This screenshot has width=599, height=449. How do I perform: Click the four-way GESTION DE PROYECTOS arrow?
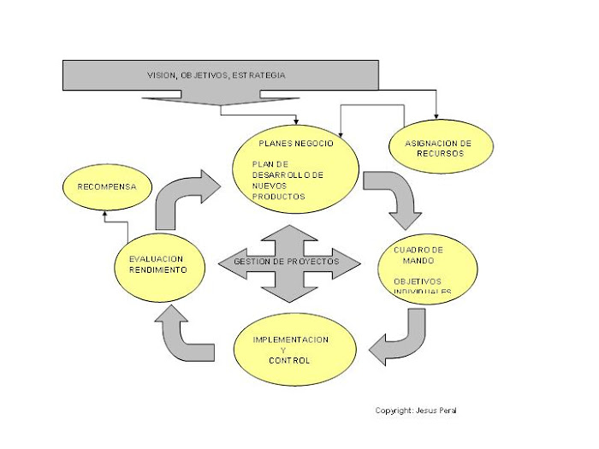[x=288, y=263]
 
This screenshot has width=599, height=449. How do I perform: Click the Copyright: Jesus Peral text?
[x=416, y=411]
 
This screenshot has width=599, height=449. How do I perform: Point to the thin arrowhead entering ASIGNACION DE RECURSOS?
[x=436, y=116]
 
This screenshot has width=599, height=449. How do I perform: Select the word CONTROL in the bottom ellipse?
[x=289, y=360]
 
